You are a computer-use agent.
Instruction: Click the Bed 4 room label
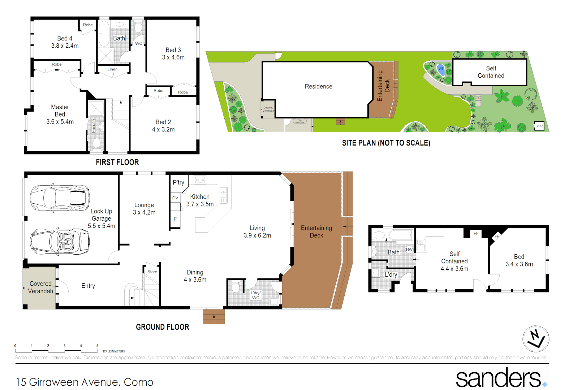click(x=65, y=38)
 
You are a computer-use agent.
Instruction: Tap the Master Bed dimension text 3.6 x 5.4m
click(x=60, y=122)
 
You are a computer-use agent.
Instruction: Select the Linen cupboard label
click(x=112, y=69)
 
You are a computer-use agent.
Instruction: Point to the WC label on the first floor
click(x=139, y=43)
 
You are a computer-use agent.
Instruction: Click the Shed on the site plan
click(x=539, y=126)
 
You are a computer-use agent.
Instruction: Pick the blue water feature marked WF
click(x=441, y=69)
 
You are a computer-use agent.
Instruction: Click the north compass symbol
click(x=536, y=339)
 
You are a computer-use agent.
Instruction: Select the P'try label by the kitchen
click(x=178, y=182)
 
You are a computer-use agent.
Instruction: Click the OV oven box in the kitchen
click(x=175, y=198)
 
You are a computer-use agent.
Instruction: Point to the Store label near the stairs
click(x=152, y=272)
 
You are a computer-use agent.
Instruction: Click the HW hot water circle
click(x=409, y=250)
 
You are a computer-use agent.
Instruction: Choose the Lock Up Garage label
click(x=102, y=215)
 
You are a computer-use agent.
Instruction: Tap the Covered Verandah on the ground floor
click(x=40, y=287)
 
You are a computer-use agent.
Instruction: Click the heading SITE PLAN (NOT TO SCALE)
click(x=386, y=143)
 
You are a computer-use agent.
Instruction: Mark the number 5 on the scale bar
click(x=97, y=346)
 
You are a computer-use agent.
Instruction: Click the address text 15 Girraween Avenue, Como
click(x=85, y=382)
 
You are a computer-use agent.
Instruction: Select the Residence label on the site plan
click(x=318, y=86)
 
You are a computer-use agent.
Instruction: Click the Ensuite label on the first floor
click(x=94, y=126)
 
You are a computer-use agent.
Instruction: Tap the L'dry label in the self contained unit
click(x=391, y=274)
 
